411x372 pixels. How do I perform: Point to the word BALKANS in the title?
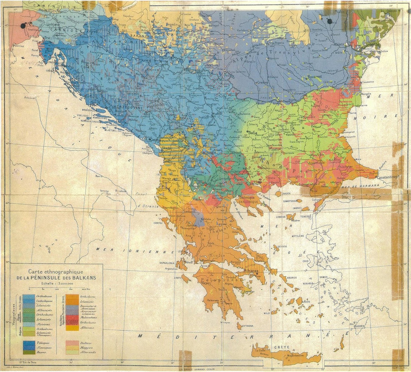(88, 278)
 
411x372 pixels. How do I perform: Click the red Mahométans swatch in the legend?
(72, 318)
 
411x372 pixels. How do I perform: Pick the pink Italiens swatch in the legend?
(72, 342)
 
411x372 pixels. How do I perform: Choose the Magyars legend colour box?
(72, 347)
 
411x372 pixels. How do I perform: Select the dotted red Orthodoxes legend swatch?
(72, 323)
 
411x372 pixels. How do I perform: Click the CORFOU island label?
(159, 223)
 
